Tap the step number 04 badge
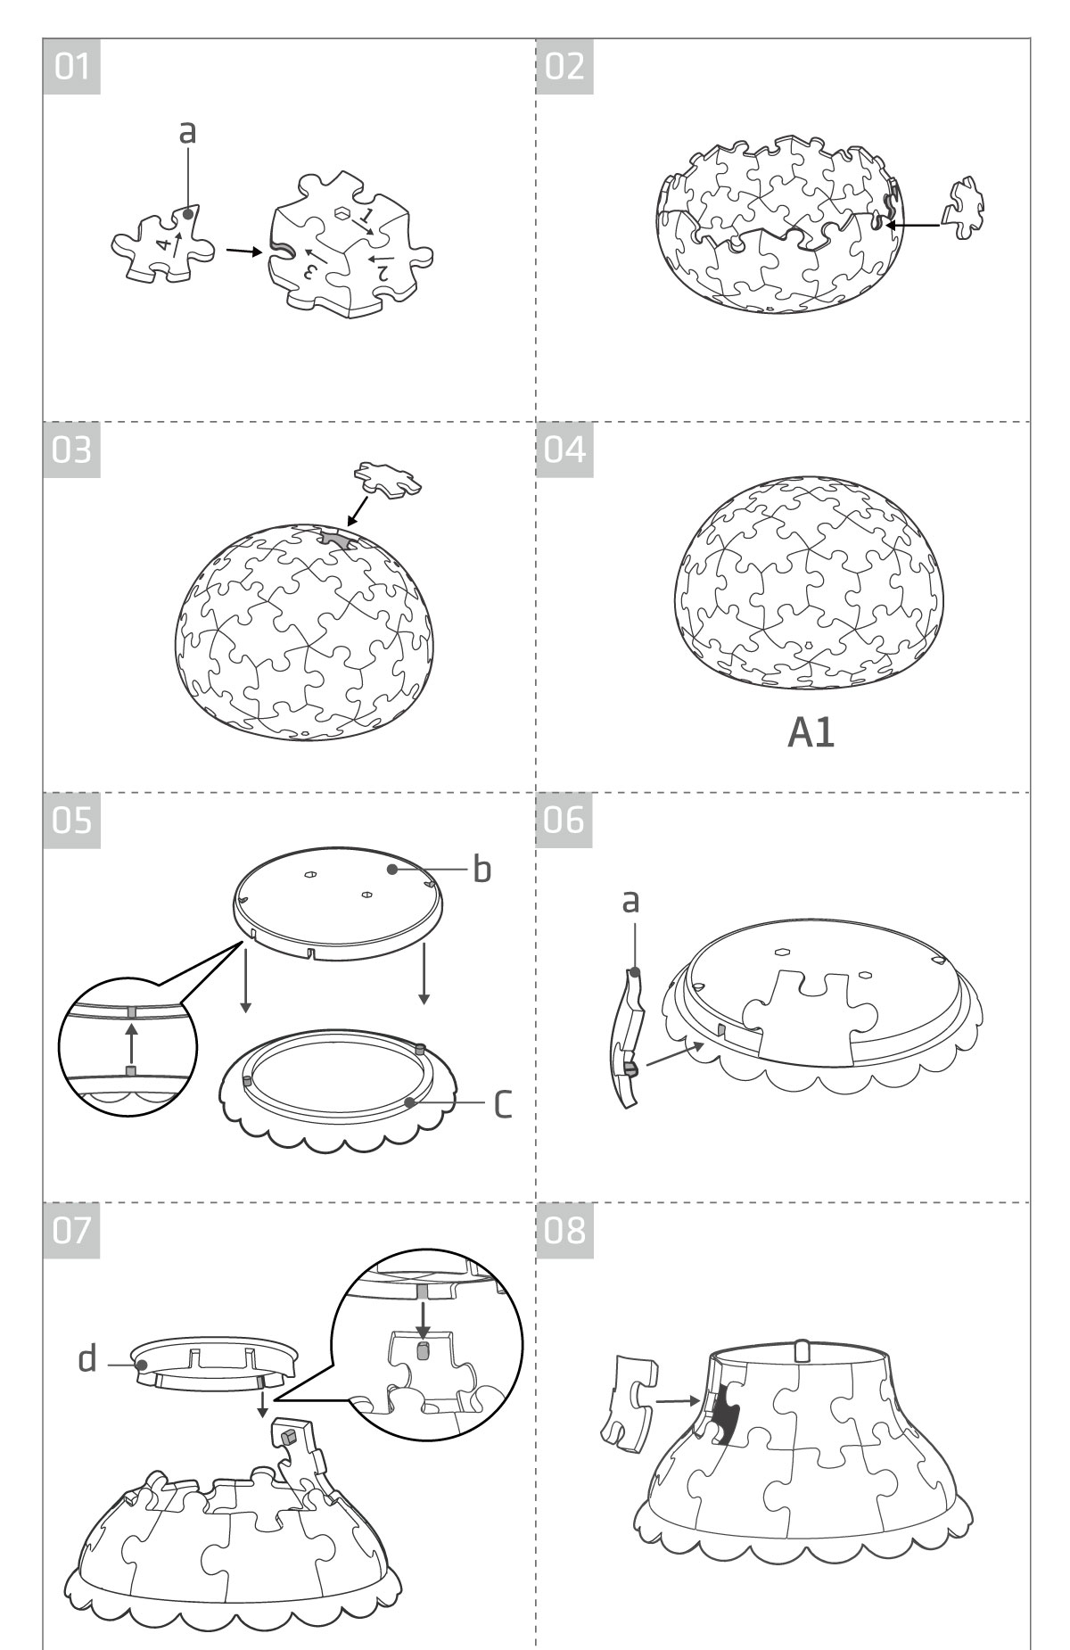click(564, 450)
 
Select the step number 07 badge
click(72, 1229)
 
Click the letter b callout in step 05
click(481, 869)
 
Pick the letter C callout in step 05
click(503, 1104)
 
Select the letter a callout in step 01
click(187, 131)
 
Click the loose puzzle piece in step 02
click(965, 207)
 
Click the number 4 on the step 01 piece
click(161, 243)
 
